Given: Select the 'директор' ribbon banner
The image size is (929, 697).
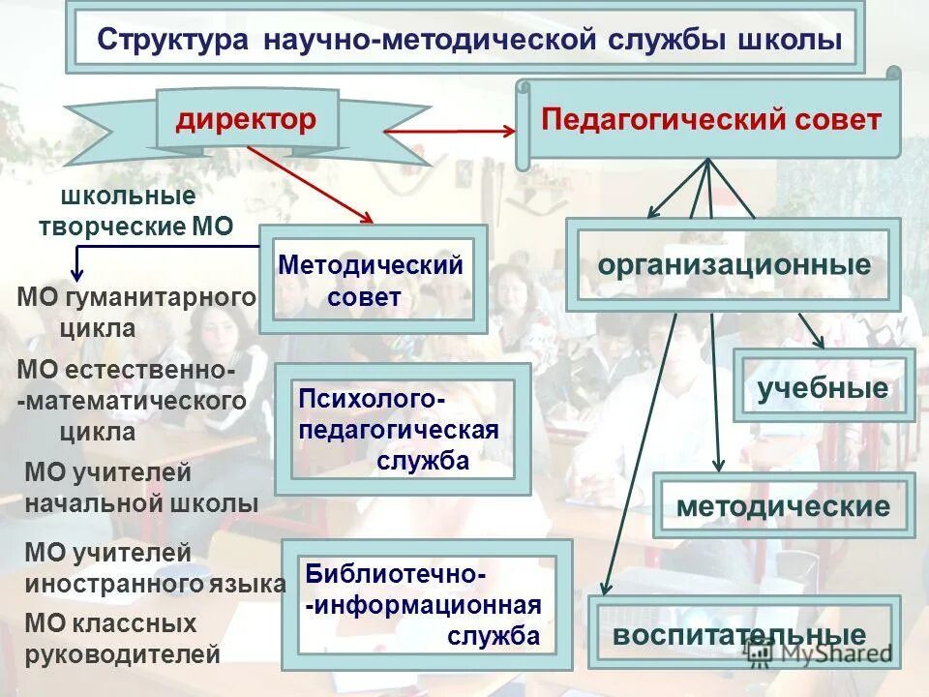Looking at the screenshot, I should pyautogui.click(x=247, y=120).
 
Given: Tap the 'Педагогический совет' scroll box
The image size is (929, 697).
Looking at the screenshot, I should pyautogui.click(x=711, y=120).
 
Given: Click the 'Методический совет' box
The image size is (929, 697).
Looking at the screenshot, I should pyautogui.click(x=373, y=280).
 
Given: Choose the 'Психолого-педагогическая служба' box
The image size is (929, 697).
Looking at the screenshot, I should pyautogui.click(x=402, y=429).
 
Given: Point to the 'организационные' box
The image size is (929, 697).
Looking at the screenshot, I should pyautogui.click(x=734, y=264).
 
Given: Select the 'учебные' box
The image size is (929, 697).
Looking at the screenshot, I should pyautogui.click(x=824, y=387).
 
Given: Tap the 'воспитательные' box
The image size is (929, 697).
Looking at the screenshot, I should pyautogui.click(x=740, y=634).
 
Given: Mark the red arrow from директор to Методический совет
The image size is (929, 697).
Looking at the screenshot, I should pyautogui.click(x=310, y=184).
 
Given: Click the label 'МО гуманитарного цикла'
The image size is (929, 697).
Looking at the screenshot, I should pyautogui.click(x=135, y=312).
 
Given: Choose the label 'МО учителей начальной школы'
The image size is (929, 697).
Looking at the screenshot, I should pyautogui.click(x=140, y=488).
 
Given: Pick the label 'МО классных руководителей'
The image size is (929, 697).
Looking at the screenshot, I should pyautogui.click(x=121, y=639).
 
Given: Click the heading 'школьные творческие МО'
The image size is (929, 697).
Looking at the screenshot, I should pyautogui.click(x=135, y=211).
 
